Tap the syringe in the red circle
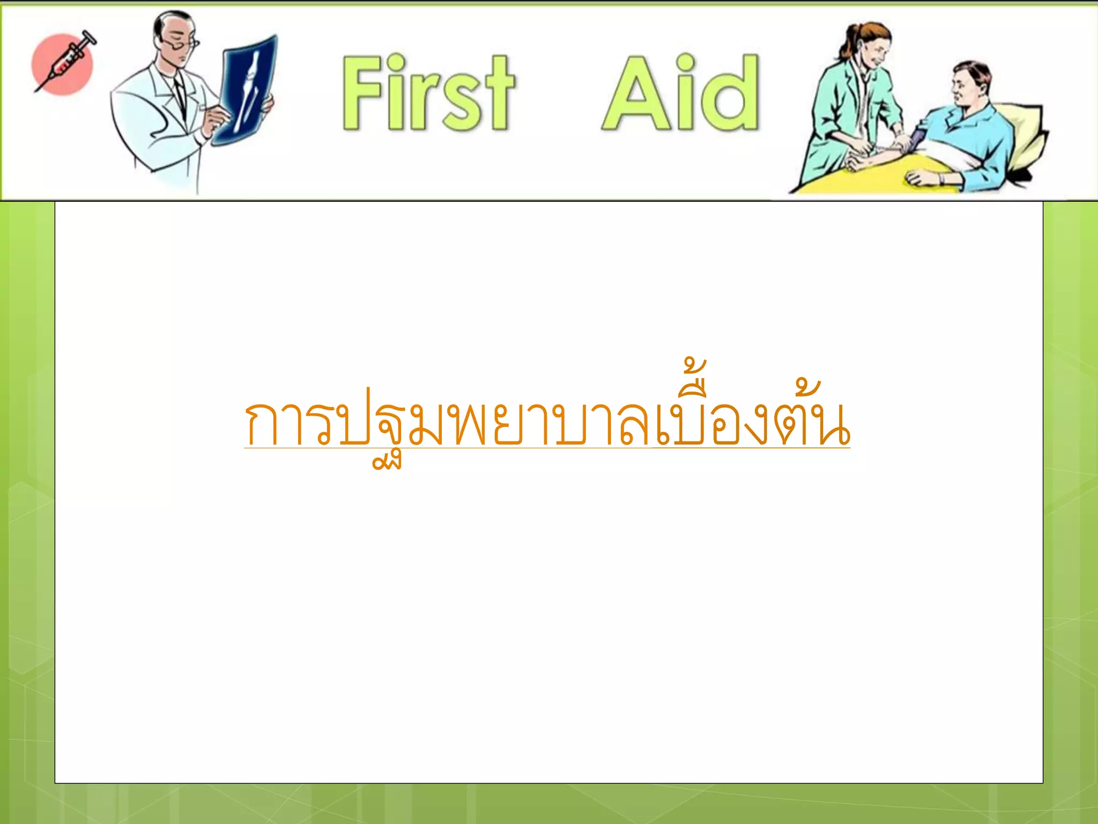click(x=64, y=62)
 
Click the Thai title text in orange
click(x=547, y=424)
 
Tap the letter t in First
click(x=496, y=97)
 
